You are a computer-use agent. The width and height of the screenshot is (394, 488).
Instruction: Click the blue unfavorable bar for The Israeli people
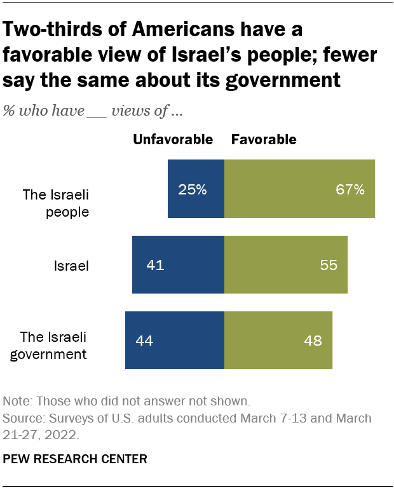tap(196, 189)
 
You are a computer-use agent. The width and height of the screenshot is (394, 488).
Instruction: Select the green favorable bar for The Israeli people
tap(299, 189)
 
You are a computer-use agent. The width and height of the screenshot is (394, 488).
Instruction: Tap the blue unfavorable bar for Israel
tap(178, 264)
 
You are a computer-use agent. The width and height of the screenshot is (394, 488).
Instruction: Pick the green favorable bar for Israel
tap(286, 264)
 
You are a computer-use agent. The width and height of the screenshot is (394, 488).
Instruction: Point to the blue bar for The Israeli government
tap(175, 340)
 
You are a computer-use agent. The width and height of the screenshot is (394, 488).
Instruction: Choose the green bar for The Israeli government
tap(278, 340)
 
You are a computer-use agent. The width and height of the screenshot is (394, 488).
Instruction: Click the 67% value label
tap(351, 189)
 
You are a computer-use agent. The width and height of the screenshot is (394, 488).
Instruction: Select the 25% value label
tap(193, 189)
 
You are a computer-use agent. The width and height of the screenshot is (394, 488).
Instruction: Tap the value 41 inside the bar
tap(155, 265)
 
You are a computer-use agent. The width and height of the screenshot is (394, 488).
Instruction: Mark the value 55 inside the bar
tap(328, 265)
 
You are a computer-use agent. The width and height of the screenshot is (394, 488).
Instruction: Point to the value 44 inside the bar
tap(145, 341)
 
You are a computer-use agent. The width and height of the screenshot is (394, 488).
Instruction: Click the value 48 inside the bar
tap(312, 341)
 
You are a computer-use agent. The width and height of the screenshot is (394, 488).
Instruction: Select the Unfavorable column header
tap(172, 140)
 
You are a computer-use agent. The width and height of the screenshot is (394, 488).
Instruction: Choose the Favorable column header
tap(264, 140)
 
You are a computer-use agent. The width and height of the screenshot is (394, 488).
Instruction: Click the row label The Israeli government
tap(53, 345)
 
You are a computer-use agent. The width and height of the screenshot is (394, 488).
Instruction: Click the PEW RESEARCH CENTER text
tap(76, 458)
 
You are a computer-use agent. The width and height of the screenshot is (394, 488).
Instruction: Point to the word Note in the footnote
tap(17, 402)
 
